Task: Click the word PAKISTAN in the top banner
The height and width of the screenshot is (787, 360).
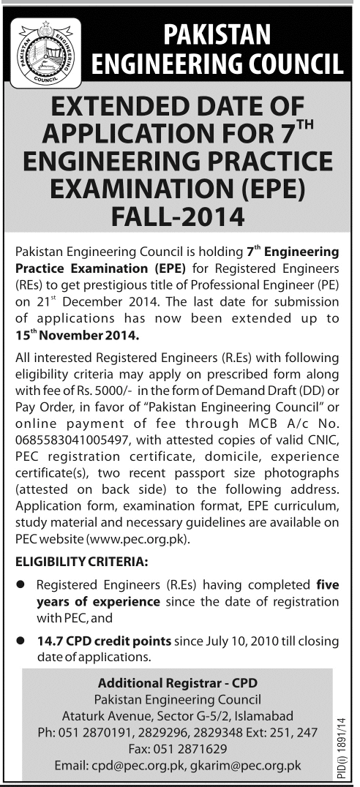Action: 217,34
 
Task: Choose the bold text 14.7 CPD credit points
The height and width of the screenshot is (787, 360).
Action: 104,641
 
